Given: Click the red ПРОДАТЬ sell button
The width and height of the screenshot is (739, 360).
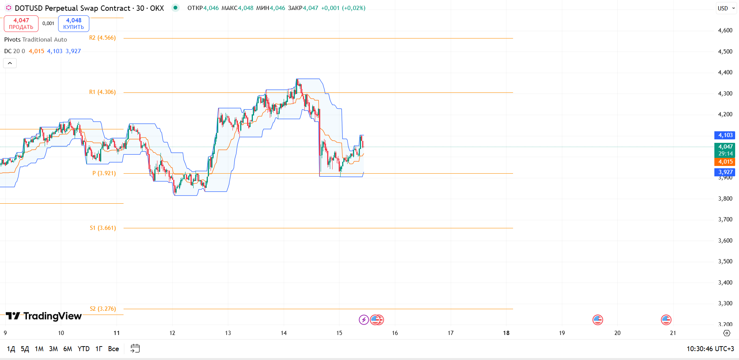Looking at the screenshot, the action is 21,23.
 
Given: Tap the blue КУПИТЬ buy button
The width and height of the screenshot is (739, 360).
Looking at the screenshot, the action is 74,23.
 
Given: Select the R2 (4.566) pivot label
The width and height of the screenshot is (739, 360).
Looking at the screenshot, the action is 102,38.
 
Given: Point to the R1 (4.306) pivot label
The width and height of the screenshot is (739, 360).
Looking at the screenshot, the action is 102,92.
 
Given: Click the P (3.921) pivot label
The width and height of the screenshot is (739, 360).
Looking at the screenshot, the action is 104,173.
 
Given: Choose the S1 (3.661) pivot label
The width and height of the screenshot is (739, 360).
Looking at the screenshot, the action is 103,228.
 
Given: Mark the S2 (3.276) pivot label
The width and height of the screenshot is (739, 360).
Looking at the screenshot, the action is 103,309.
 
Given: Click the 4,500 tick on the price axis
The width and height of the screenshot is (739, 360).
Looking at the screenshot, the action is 725,52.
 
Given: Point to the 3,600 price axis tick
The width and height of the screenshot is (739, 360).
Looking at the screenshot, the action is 725,241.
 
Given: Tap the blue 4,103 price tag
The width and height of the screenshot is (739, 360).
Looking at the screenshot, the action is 725,135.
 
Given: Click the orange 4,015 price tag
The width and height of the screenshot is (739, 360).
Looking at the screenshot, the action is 725,162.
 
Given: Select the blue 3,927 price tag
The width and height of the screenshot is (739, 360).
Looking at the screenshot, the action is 725,172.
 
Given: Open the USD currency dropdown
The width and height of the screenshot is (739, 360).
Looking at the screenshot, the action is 726,8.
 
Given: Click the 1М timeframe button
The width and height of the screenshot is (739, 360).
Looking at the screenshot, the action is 39,349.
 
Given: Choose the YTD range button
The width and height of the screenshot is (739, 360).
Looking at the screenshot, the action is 84,349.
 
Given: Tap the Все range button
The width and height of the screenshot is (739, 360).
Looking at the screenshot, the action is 114,349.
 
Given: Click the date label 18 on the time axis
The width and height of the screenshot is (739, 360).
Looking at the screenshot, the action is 506,333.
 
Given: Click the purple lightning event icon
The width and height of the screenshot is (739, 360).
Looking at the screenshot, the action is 364,320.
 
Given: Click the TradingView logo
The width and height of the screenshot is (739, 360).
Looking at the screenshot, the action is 43,316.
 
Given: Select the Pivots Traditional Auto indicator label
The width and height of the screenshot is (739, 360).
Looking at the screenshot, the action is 35,40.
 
